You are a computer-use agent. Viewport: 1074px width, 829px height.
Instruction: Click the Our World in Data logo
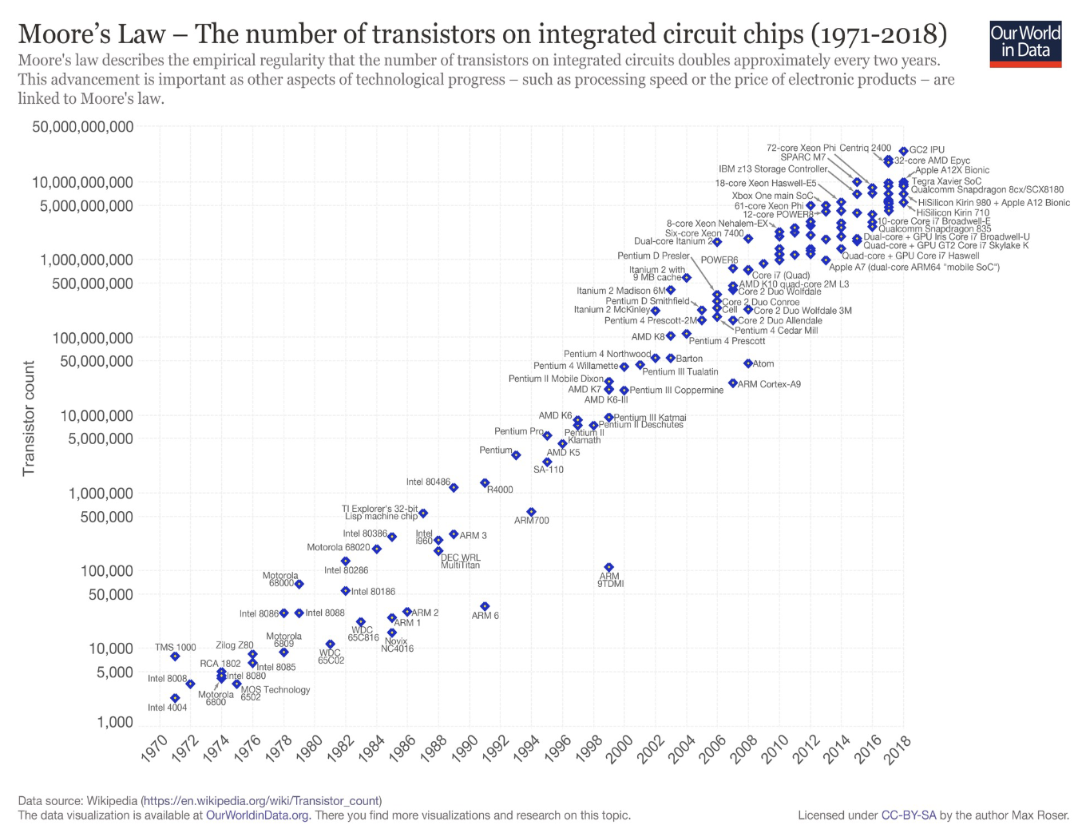pyautogui.click(x=1025, y=44)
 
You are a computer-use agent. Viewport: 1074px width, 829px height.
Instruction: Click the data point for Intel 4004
pyautogui.click(x=175, y=698)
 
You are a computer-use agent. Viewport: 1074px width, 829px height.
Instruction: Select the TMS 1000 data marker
pyautogui.click(x=175, y=656)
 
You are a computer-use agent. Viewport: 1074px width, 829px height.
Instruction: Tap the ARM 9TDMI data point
pyautogui.click(x=608, y=568)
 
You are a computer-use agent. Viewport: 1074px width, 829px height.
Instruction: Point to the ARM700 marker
pyautogui.click(x=531, y=512)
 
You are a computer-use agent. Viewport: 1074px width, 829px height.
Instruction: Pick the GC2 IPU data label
pyautogui.click(x=926, y=149)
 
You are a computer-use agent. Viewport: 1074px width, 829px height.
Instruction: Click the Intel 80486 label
pyautogui.click(x=427, y=482)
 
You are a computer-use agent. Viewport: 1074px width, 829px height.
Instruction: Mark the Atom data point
pyautogui.click(x=748, y=363)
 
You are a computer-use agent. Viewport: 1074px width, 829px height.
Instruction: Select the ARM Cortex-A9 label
pyautogui.click(x=769, y=384)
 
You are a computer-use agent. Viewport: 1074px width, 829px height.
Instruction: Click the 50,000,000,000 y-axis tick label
pyautogui.click(x=83, y=127)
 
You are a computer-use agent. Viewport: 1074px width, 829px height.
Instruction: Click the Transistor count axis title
pyautogui.click(x=29, y=418)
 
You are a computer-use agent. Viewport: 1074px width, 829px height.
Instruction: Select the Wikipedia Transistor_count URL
pyautogui.click(x=261, y=800)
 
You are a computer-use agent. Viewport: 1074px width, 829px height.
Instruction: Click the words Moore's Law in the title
pyautogui.click(x=92, y=34)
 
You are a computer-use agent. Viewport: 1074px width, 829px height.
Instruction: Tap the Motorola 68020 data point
pyautogui.click(x=376, y=549)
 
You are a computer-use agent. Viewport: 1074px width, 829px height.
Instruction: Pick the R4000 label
pyautogui.click(x=500, y=490)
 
